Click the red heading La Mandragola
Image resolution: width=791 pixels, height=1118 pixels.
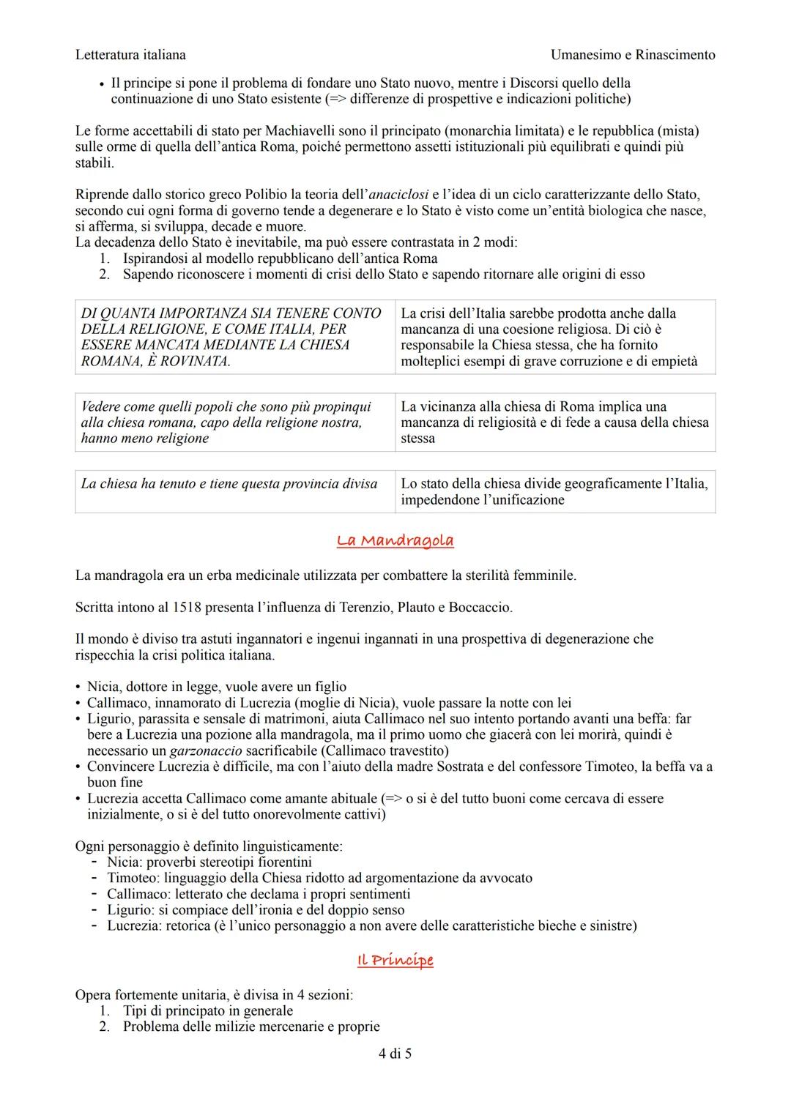click(395, 540)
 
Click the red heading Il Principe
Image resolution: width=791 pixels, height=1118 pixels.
click(395, 960)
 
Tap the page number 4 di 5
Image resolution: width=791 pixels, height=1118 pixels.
click(395, 1054)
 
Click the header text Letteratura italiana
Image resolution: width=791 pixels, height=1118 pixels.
click(130, 55)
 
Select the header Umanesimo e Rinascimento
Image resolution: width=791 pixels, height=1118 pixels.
click(632, 55)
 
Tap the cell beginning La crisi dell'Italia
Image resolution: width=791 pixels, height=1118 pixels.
click(554, 337)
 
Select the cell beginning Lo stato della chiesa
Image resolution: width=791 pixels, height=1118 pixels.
click(554, 491)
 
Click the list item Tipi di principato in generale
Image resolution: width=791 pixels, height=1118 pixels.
click(208, 1010)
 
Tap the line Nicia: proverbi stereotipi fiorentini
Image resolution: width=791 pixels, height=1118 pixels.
click(209, 862)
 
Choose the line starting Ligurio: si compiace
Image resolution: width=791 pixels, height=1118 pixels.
click(256, 910)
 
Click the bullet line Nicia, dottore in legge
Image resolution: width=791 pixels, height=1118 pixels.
click(217, 687)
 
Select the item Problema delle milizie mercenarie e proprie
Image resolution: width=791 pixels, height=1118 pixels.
click(251, 1026)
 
